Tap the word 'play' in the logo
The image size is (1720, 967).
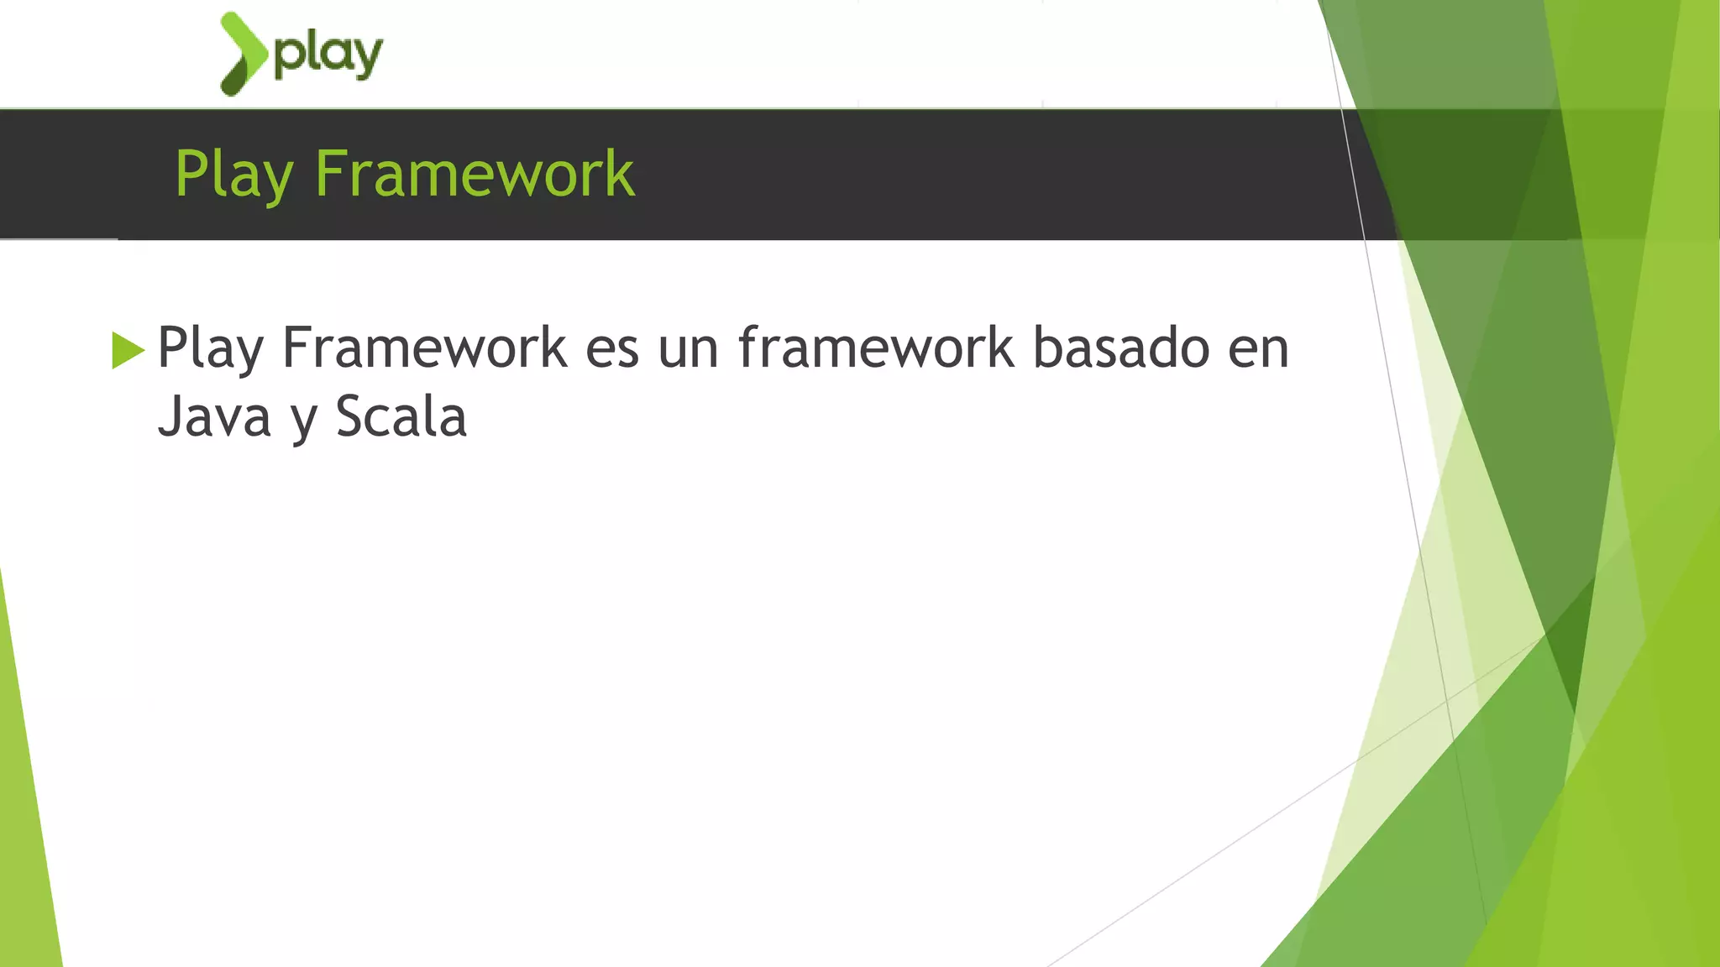tap(328, 55)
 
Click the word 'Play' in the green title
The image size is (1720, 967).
tap(233, 175)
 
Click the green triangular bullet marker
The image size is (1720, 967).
tap(128, 350)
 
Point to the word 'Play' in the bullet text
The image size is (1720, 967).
tap(210, 348)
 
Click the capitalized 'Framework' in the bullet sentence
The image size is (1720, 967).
tap(424, 348)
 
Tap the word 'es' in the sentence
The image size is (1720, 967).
tap(612, 349)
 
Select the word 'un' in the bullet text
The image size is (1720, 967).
tap(688, 349)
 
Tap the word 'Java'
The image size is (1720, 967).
tap(214, 417)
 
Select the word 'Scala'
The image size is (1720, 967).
tap(401, 417)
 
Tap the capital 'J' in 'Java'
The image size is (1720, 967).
tap(170, 417)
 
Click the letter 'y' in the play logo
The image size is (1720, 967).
tap(369, 59)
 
